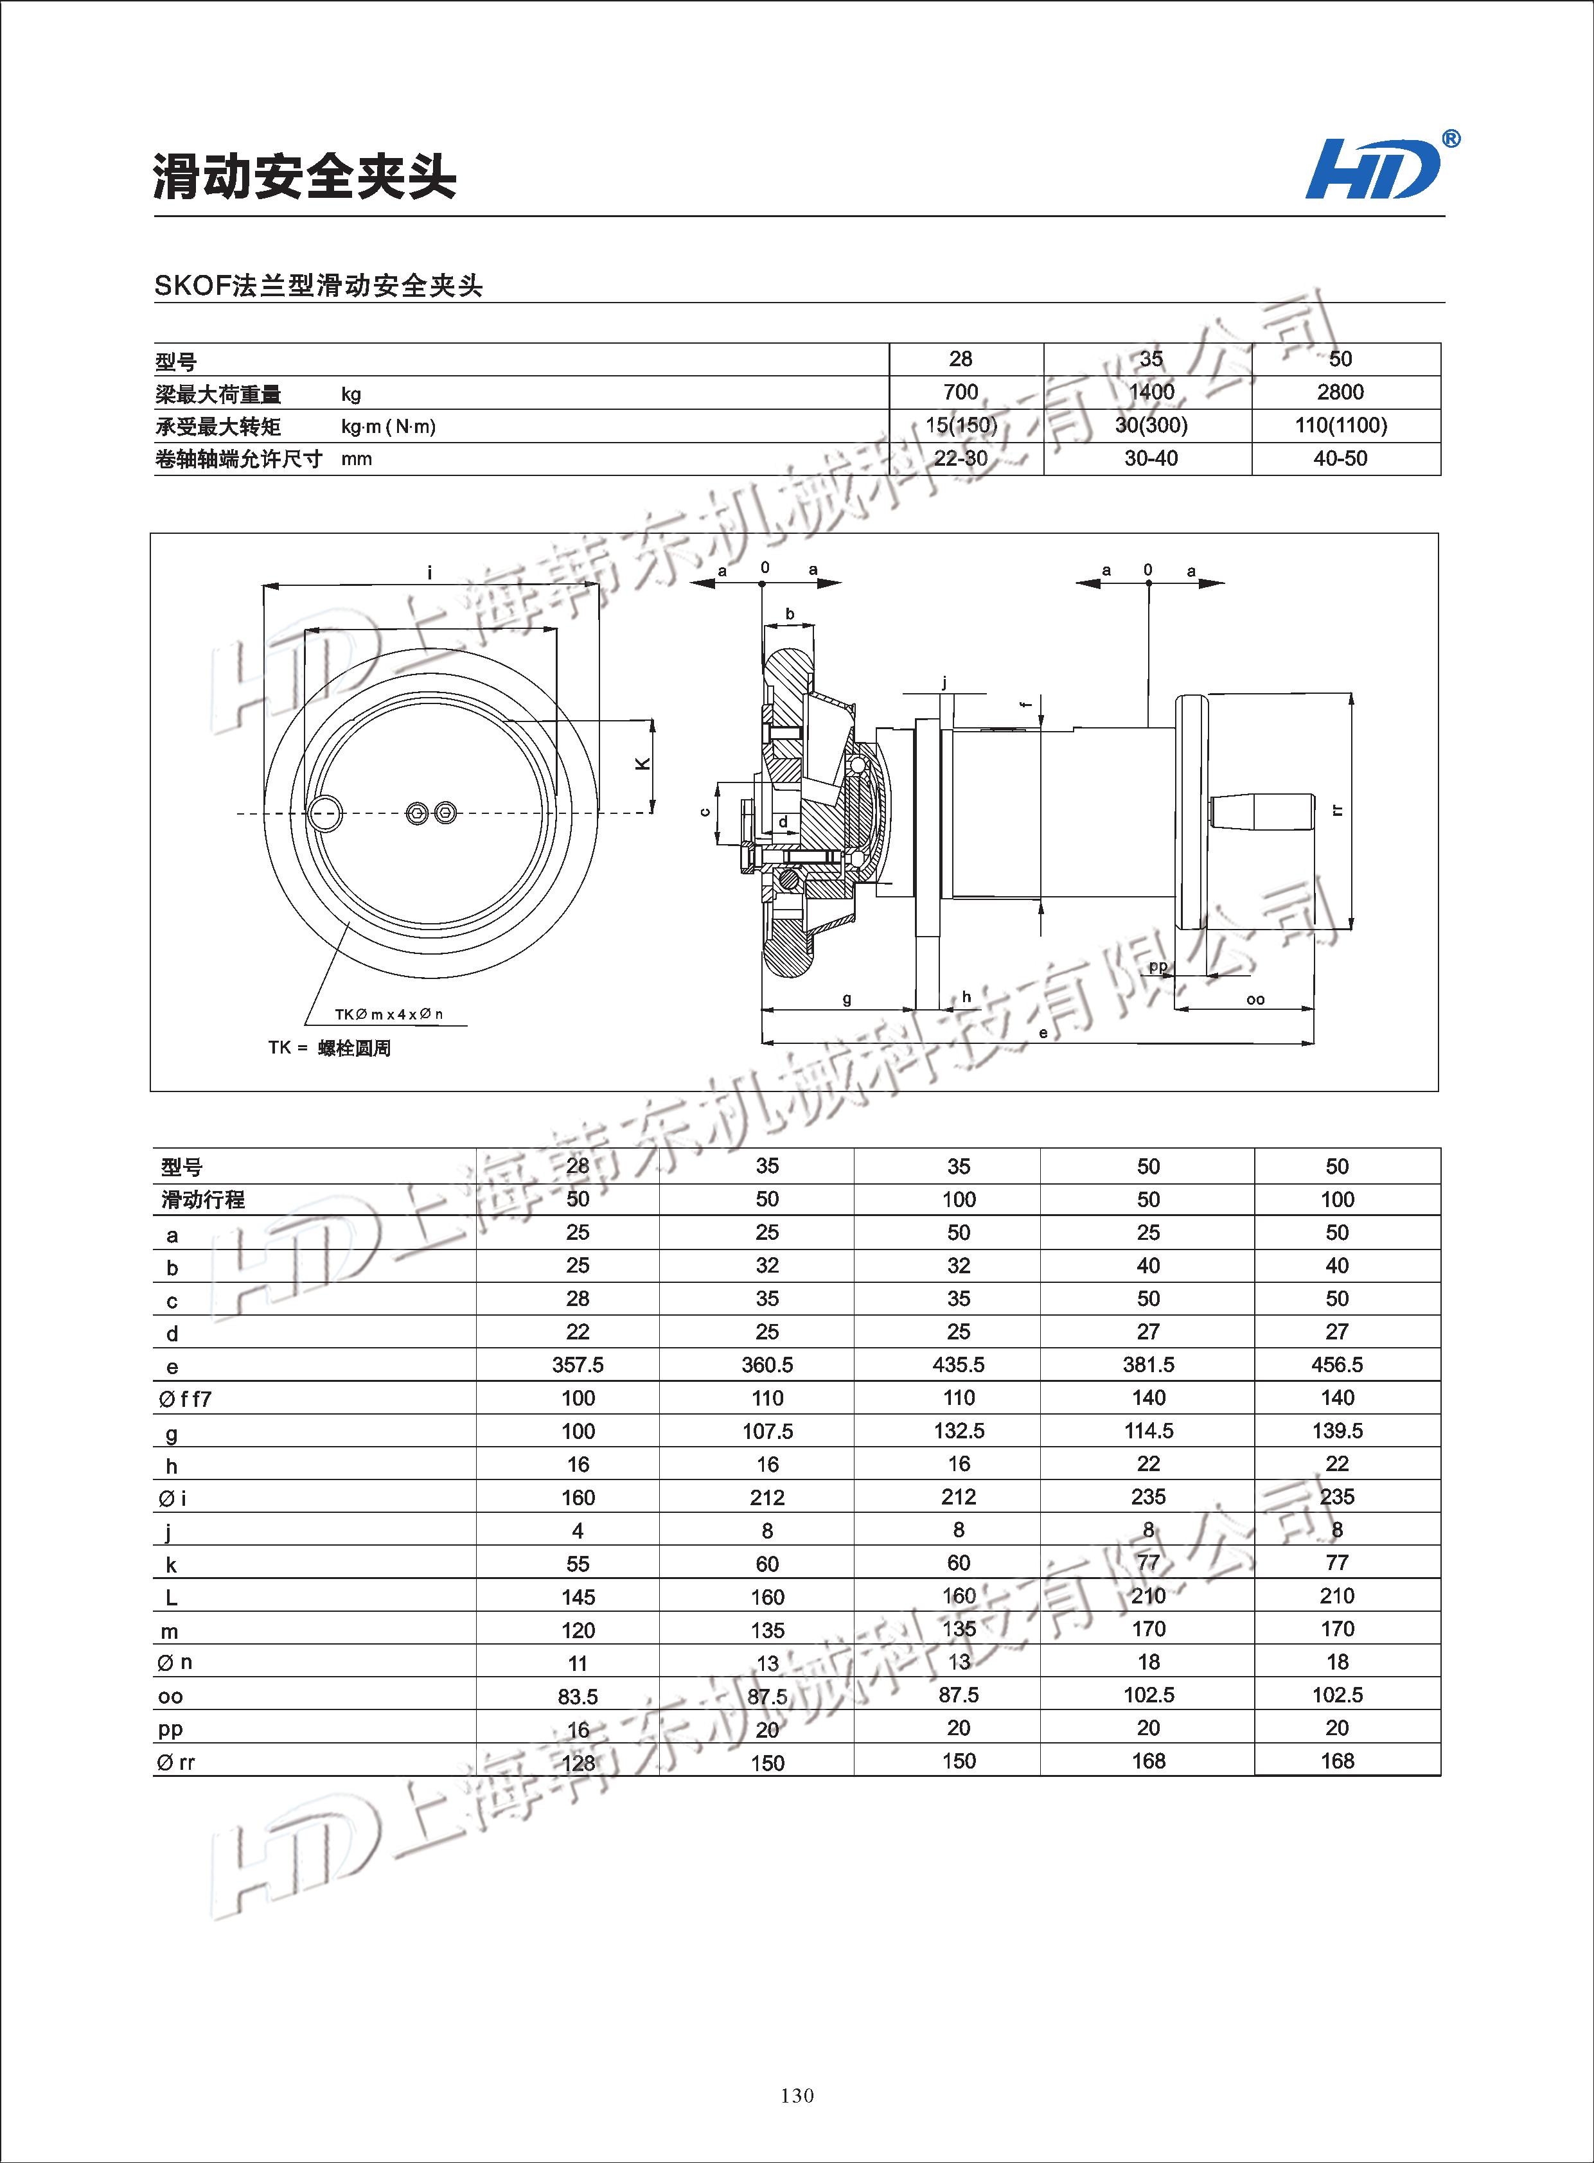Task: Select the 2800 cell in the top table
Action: (1340, 392)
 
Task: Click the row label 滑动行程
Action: (202, 1200)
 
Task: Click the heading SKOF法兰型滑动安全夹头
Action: (319, 286)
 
